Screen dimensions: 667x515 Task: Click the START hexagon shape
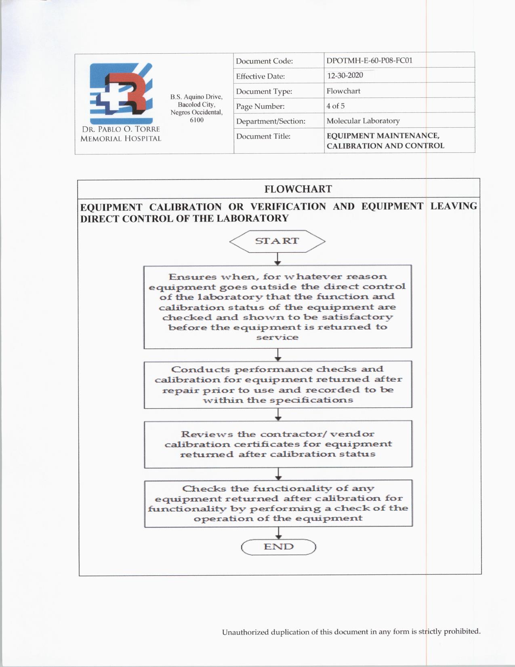[x=277, y=241]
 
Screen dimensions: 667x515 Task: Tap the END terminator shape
[x=278, y=547]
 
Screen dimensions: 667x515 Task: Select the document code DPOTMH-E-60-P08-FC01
[x=369, y=61]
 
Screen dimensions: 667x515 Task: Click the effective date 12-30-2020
[x=345, y=76]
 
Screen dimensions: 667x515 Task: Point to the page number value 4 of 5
[x=335, y=106]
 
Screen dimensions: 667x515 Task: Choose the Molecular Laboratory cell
[x=363, y=121]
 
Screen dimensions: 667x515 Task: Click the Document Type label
[x=264, y=91]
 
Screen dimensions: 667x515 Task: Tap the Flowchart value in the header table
[x=343, y=91]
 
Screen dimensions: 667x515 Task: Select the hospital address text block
[x=196, y=108]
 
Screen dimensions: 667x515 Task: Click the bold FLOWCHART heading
[x=298, y=189]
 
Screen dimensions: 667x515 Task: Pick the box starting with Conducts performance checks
[x=278, y=384]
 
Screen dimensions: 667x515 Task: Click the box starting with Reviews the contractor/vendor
[x=278, y=444]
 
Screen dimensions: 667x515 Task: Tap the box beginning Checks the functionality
[x=278, y=503]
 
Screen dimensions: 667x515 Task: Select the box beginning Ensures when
[x=277, y=306]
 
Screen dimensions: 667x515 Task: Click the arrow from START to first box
[x=277, y=259]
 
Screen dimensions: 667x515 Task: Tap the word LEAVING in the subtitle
[x=453, y=206]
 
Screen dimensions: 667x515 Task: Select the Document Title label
[x=263, y=137]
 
